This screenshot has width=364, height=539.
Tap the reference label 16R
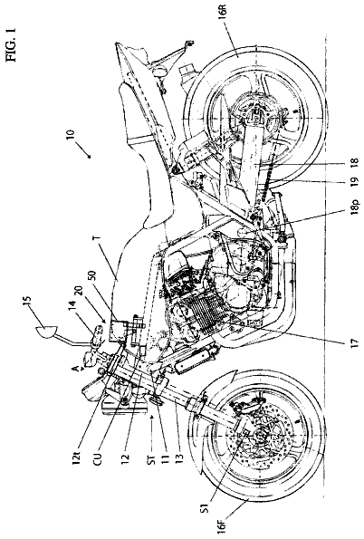(350, 14)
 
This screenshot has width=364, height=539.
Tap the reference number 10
(70, 135)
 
